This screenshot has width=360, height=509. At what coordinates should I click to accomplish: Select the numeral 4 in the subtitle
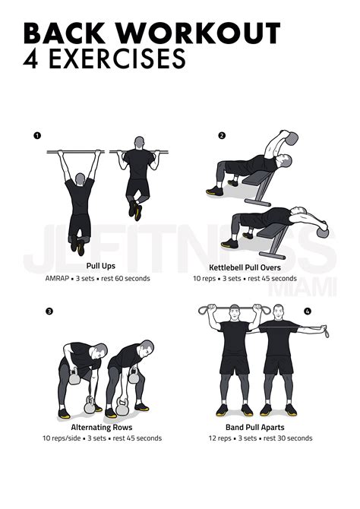point(32,60)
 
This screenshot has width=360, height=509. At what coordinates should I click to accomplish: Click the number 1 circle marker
point(36,136)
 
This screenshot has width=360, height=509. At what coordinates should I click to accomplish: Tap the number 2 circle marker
point(222,136)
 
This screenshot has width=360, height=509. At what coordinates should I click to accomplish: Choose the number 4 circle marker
point(307,311)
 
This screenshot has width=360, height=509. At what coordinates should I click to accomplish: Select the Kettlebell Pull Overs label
point(252,267)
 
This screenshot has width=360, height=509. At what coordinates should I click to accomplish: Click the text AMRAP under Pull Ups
point(57,278)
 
